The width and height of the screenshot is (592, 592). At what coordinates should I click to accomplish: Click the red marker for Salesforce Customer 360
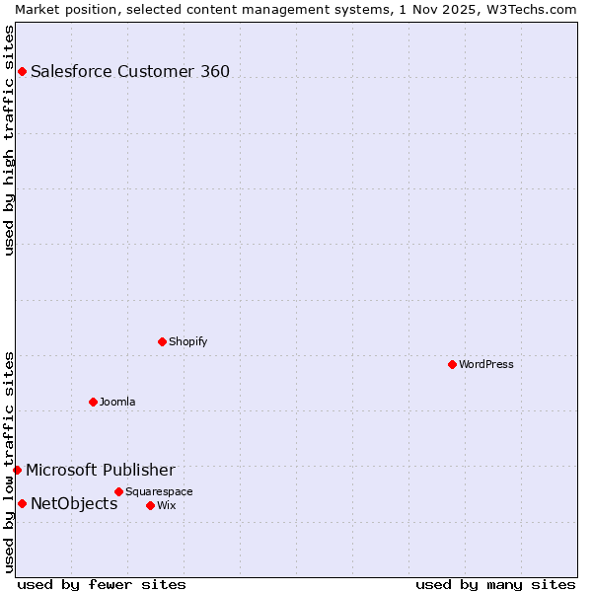point(22,71)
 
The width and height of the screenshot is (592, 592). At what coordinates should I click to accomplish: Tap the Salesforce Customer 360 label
point(130,71)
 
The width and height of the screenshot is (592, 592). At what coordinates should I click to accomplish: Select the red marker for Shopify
point(163,341)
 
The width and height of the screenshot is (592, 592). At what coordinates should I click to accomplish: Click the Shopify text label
point(187,341)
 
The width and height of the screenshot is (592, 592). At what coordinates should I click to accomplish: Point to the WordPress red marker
point(453,364)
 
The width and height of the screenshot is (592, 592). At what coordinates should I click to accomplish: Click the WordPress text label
point(486,364)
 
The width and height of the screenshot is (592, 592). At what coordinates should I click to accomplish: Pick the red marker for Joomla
point(94,402)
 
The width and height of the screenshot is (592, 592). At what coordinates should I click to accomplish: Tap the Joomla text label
point(117,402)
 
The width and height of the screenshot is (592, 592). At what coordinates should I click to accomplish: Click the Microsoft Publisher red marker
point(18,470)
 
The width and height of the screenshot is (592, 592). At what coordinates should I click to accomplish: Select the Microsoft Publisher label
point(101,470)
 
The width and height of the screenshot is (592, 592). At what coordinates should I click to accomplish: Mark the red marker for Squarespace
point(119,491)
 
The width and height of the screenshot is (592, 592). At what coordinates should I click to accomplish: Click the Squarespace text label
point(159,491)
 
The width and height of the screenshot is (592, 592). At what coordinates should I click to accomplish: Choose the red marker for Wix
point(151,505)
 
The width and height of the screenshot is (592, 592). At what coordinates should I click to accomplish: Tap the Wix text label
point(166,505)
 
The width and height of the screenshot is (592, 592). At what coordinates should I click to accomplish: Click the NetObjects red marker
point(22,503)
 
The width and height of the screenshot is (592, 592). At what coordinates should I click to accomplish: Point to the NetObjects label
point(74,503)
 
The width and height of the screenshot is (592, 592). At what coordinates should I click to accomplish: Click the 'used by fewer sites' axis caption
point(102,584)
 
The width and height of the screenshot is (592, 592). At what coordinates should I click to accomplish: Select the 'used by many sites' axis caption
point(495,584)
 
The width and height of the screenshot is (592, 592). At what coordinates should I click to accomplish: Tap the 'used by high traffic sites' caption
point(9,140)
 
